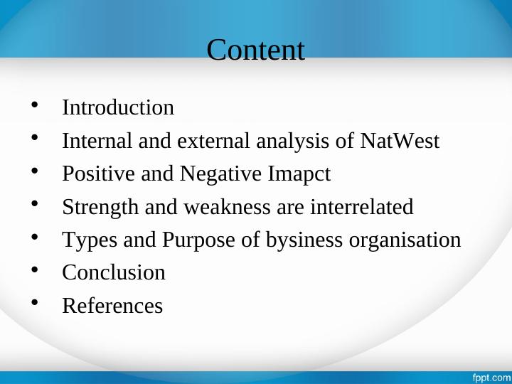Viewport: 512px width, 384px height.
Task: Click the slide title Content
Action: pos(255,50)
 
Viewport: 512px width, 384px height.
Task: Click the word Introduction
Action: pos(118,108)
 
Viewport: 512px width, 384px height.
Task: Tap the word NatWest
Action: pos(400,142)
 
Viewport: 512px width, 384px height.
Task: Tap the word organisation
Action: pos(405,240)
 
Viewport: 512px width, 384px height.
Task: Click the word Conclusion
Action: pos(114,273)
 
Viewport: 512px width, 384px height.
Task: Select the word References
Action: pos(112,306)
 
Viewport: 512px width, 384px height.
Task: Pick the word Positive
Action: pos(88,174)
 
